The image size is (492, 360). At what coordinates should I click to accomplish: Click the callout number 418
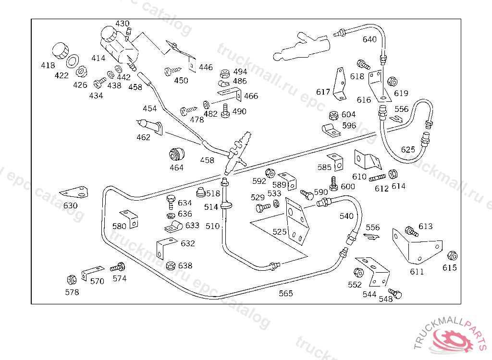pyautogui.click(x=48, y=65)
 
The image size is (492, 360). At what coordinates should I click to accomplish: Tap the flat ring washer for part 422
pyautogui.click(x=73, y=61)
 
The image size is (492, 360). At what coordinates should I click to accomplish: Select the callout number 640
pyautogui.click(x=369, y=39)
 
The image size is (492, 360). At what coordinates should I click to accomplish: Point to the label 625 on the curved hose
pyautogui.click(x=408, y=150)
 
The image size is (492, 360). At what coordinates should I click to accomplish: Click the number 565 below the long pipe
pyautogui.click(x=285, y=293)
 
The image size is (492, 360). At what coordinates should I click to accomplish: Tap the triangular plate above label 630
pyautogui.click(x=74, y=192)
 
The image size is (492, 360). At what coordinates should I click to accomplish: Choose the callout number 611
pyautogui.click(x=417, y=272)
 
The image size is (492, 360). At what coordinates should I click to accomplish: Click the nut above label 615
pyautogui.click(x=452, y=255)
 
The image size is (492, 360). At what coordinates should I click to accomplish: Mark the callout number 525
pyautogui.click(x=279, y=232)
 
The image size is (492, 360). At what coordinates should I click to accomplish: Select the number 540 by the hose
pyautogui.click(x=346, y=216)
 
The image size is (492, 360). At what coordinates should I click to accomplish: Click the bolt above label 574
pyautogui.click(x=118, y=267)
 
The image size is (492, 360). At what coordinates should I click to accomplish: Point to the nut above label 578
pyautogui.click(x=71, y=279)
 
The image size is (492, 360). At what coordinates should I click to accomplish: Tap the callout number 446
pyautogui.click(x=206, y=67)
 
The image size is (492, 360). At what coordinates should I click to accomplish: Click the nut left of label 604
pyautogui.click(x=332, y=116)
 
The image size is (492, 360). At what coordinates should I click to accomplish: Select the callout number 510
pyautogui.click(x=212, y=226)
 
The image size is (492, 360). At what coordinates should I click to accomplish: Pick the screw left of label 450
pyautogui.click(x=171, y=71)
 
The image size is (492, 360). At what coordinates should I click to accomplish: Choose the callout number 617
pyautogui.click(x=323, y=92)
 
